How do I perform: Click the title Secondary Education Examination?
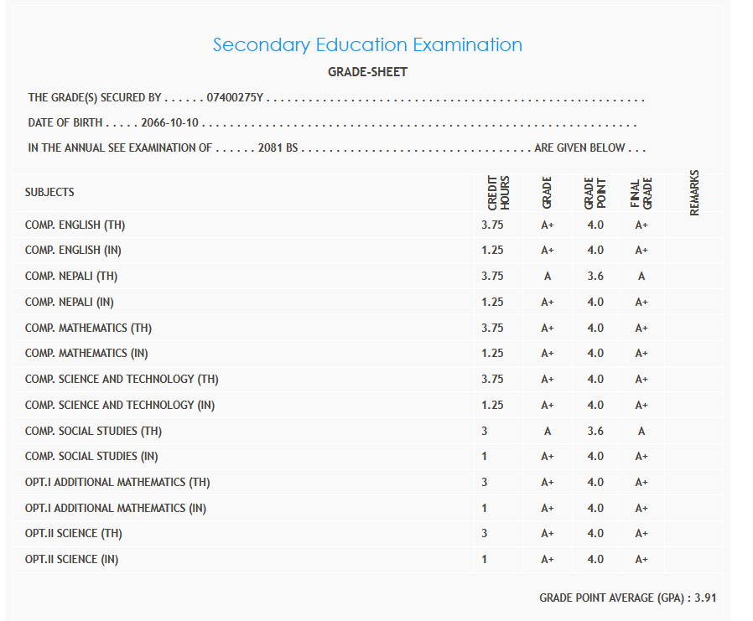tap(367, 45)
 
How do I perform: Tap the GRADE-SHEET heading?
tap(367, 72)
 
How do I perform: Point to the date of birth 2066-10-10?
tap(169, 123)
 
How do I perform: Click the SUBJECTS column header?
tap(49, 192)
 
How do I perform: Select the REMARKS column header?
tap(693, 193)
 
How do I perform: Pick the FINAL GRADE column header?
tap(641, 193)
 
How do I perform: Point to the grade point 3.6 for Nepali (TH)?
tap(595, 277)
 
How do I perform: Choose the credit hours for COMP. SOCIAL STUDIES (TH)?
tap(485, 432)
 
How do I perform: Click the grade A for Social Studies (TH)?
tap(548, 432)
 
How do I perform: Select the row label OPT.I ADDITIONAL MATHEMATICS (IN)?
tap(115, 509)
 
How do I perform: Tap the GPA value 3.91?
tap(705, 598)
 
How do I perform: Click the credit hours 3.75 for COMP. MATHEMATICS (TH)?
tap(492, 329)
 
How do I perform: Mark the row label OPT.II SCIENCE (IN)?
tap(71, 560)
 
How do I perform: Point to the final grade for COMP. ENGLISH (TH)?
tap(641, 225)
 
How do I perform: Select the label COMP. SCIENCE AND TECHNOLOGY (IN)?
tap(120, 406)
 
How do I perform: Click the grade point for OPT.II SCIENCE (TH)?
tap(595, 534)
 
